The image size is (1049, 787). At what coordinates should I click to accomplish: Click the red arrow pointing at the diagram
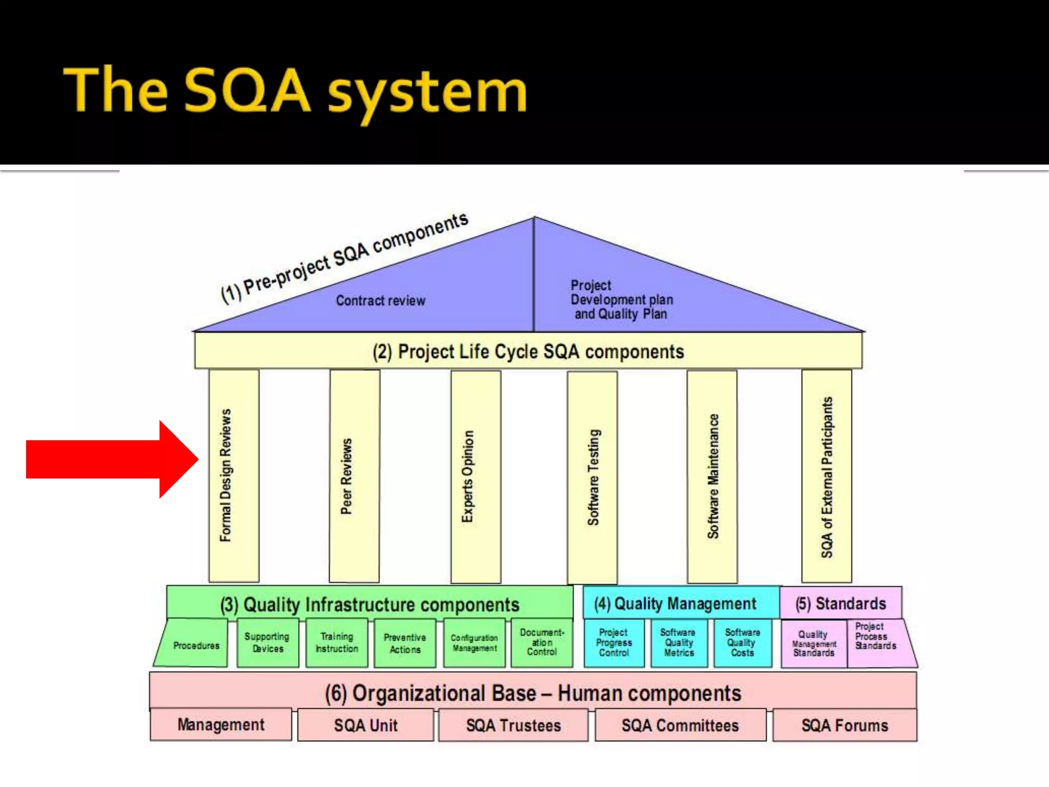pyautogui.click(x=110, y=459)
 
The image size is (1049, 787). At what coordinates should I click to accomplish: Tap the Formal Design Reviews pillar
pyautogui.click(x=234, y=475)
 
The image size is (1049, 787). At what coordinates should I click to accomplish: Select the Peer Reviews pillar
pyautogui.click(x=354, y=475)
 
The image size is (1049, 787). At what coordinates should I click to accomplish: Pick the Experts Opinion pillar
pyautogui.click(x=475, y=477)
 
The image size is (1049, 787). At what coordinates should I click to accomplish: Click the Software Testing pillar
pyautogui.click(x=592, y=477)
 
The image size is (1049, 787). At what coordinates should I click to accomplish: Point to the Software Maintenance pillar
pyautogui.click(x=712, y=477)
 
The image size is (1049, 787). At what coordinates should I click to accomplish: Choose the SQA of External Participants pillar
pyautogui.click(x=827, y=477)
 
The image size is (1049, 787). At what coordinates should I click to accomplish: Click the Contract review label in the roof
pyautogui.click(x=381, y=301)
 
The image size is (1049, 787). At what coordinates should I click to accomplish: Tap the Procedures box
pyautogui.click(x=196, y=645)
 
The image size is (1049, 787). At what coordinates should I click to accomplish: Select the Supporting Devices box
pyautogui.click(x=267, y=643)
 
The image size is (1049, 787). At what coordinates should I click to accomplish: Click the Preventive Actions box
pyautogui.click(x=405, y=644)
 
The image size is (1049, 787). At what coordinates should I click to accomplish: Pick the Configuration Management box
pyautogui.click(x=474, y=643)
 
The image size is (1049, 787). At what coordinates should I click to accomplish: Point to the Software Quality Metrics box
pyautogui.click(x=679, y=643)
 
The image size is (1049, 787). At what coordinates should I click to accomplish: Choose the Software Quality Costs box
pyautogui.click(x=743, y=643)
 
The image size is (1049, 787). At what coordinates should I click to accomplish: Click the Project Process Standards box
pyautogui.click(x=875, y=637)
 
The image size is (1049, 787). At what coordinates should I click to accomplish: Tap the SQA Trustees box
pyautogui.click(x=513, y=726)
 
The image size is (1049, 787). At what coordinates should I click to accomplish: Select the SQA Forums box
pyautogui.click(x=845, y=726)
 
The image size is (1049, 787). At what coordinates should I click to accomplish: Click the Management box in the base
pyautogui.click(x=221, y=724)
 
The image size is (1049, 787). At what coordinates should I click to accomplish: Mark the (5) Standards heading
pyautogui.click(x=841, y=604)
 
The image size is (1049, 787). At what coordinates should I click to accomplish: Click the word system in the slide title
pyautogui.click(x=427, y=92)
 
